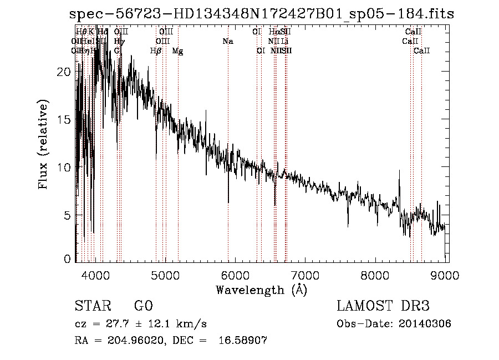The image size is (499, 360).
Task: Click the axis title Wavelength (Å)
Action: coord(261,290)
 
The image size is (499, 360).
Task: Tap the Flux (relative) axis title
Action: coord(44,144)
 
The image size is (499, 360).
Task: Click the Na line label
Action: coord(227,42)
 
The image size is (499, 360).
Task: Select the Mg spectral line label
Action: coord(177,51)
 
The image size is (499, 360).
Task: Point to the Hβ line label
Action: coord(156,51)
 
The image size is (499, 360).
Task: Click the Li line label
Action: coord(284,42)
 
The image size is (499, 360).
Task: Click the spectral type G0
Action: coord(143,307)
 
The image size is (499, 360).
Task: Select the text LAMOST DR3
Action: coord(383,307)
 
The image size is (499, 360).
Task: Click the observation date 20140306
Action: coord(427,324)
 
